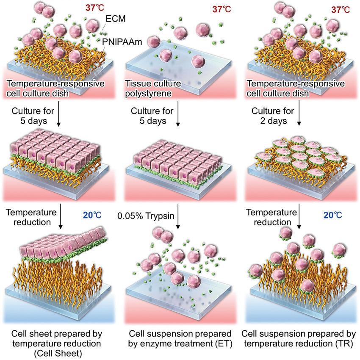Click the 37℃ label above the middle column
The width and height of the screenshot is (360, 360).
[220, 9]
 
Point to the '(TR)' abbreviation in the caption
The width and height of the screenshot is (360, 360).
[338, 341]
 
